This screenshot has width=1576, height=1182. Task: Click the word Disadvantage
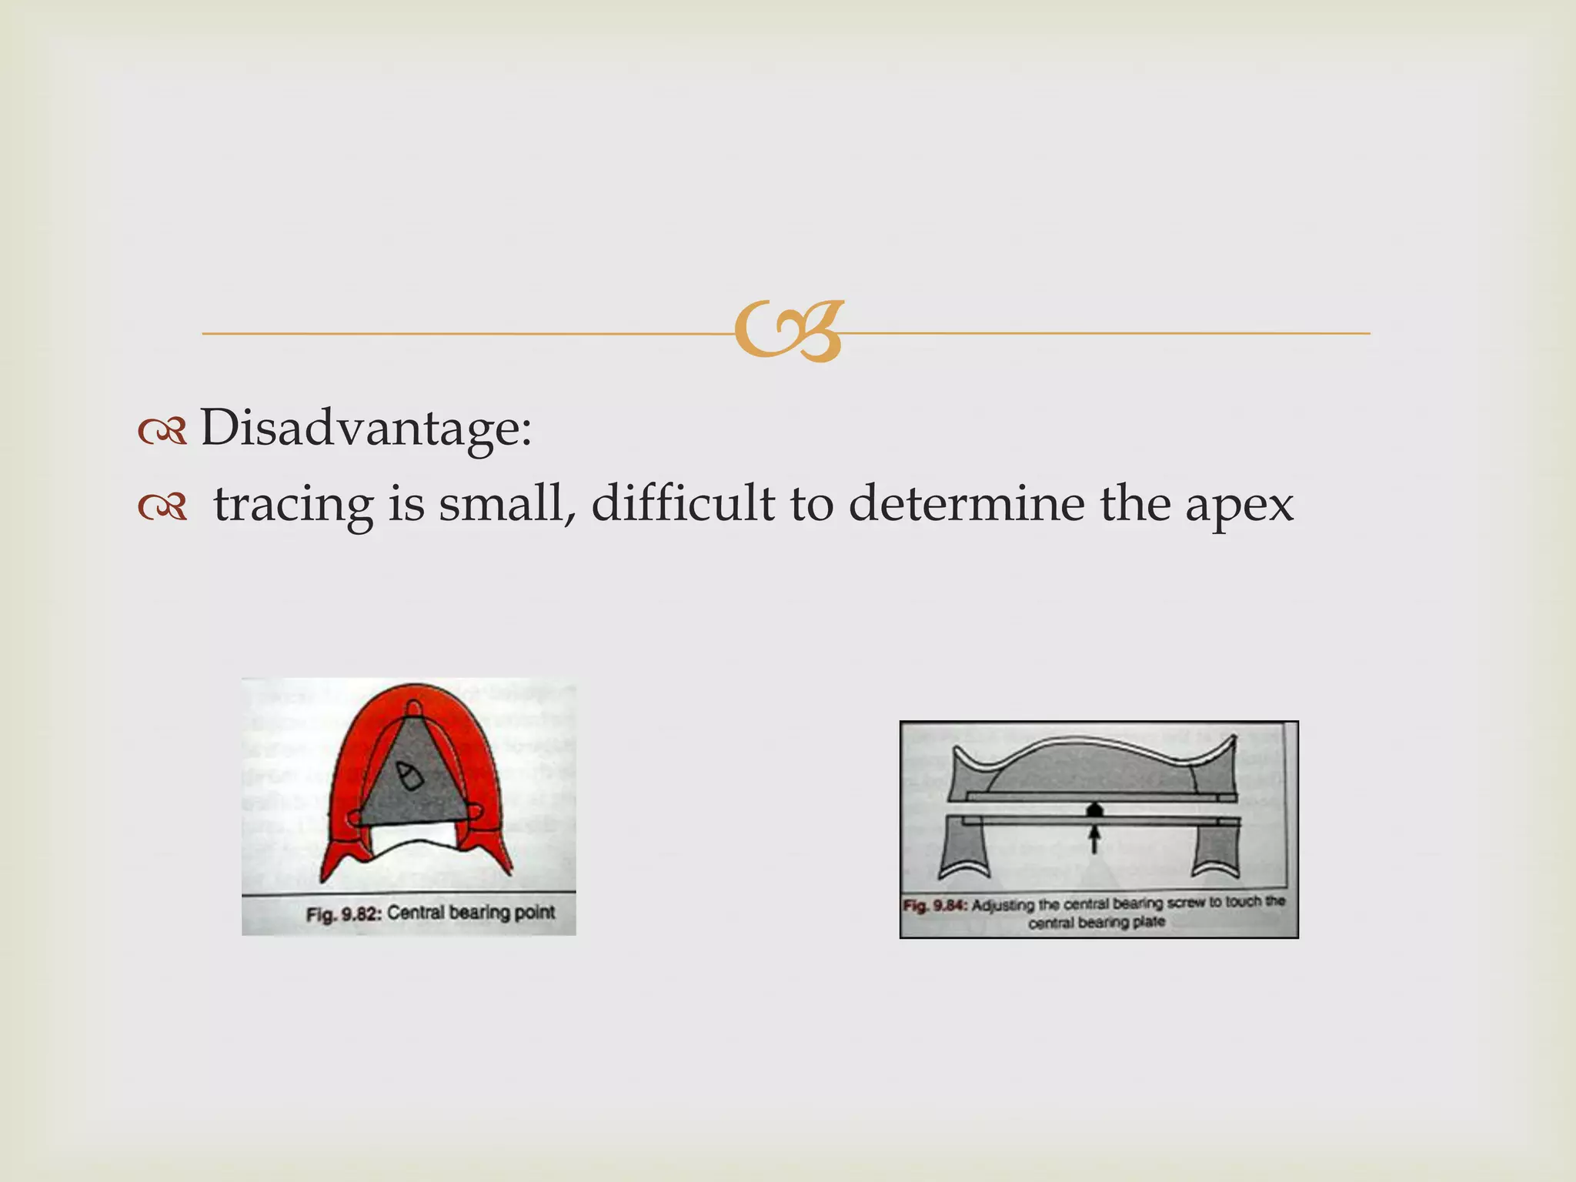click(x=365, y=428)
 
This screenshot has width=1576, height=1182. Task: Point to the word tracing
click(x=293, y=506)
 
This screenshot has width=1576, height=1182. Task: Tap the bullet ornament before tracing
click(x=162, y=507)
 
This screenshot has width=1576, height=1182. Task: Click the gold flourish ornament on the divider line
click(x=789, y=331)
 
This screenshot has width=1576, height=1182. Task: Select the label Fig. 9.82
click(x=343, y=914)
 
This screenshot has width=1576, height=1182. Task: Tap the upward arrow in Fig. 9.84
click(x=1094, y=839)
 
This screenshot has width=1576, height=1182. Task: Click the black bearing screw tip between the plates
click(x=1094, y=810)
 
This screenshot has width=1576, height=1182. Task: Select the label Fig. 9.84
click(x=934, y=905)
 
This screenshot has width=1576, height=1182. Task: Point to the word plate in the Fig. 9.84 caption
click(x=1148, y=922)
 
